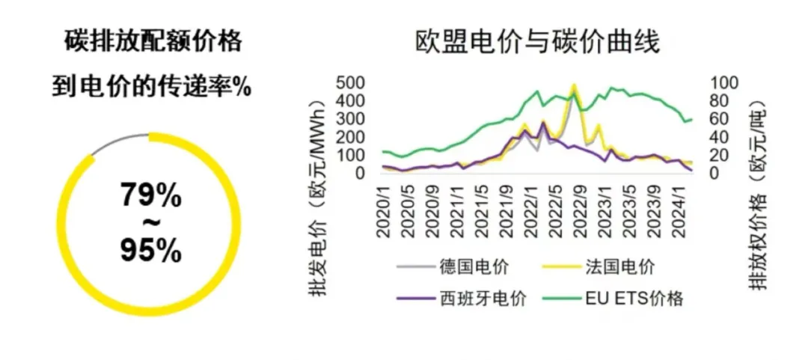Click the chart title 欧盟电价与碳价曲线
point(538,42)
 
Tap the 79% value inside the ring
point(150,196)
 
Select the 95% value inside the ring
point(150,251)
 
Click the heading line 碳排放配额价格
point(153,42)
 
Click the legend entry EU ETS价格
point(628,299)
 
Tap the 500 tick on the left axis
point(351,82)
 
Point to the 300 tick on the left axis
point(351,118)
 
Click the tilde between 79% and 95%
point(150,224)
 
